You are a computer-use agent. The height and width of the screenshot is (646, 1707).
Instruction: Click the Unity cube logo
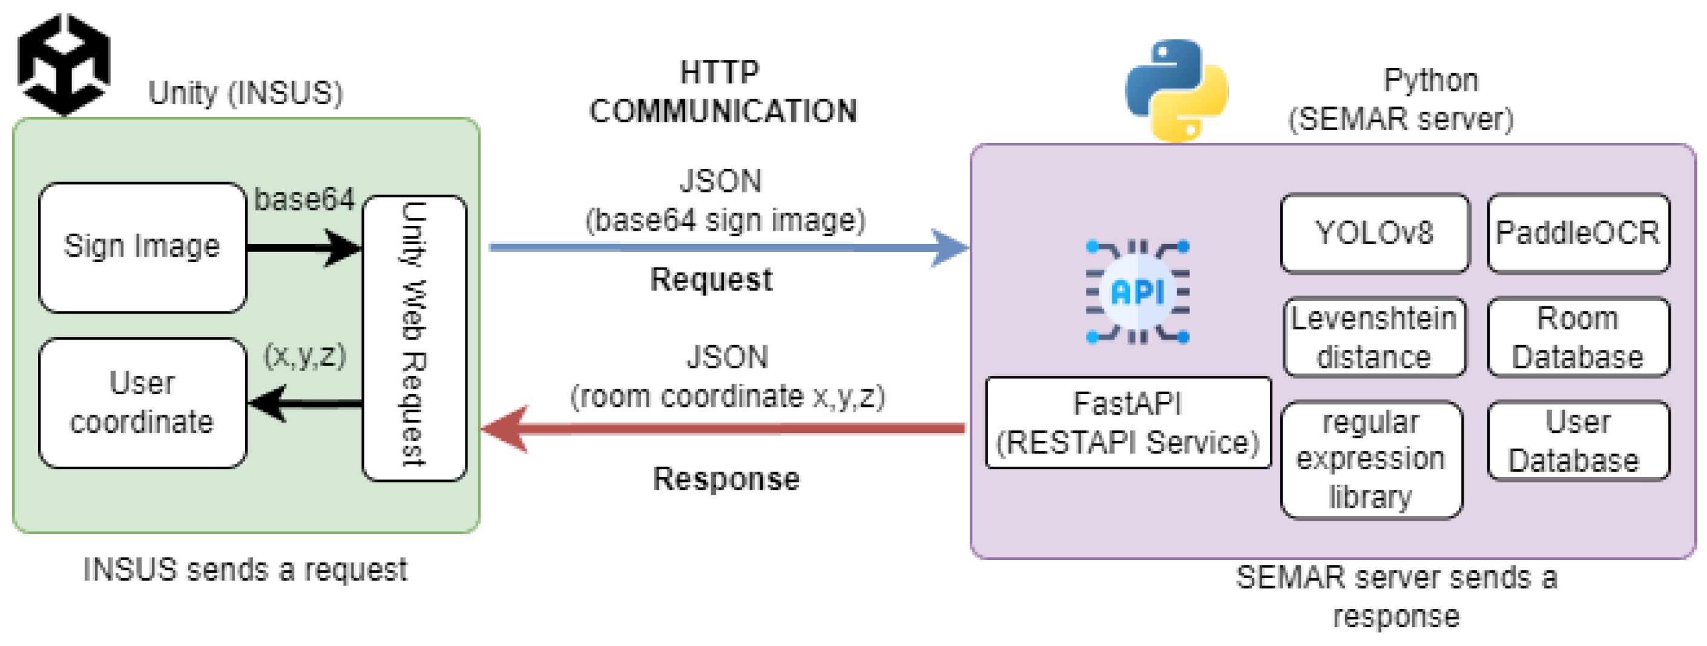[64, 64]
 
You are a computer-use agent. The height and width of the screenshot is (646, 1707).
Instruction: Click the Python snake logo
[1176, 90]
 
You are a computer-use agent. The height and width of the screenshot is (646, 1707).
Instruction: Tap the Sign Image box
[142, 247]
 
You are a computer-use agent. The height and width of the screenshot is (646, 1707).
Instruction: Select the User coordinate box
[142, 403]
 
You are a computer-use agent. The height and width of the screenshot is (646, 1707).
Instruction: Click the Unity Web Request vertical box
[414, 338]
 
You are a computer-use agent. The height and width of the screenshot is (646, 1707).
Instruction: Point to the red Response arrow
[722, 429]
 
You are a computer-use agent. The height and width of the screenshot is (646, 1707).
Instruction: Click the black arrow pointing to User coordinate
[305, 403]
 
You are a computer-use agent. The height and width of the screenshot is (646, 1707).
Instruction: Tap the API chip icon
[1137, 292]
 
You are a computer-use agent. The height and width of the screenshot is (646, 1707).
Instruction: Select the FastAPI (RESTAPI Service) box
[1127, 423]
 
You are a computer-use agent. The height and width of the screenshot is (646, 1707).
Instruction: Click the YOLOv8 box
[1374, 233]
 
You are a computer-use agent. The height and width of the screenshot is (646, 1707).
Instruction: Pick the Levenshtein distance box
[1373, 337]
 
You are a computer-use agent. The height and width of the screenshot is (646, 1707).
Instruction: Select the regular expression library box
[1370, 459]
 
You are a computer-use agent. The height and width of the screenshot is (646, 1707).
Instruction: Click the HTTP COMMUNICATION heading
[722, 91]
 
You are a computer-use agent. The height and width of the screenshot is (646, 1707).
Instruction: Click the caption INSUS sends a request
[245, 570]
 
